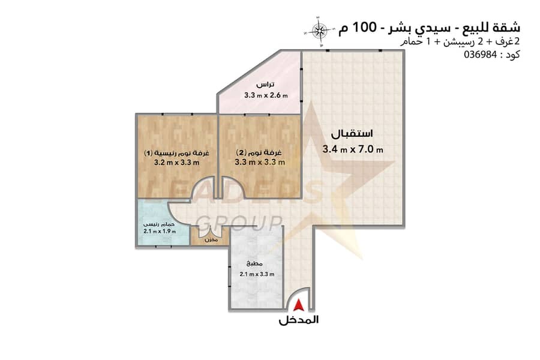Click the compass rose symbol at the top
coord(320,31)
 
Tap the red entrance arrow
coord(299,305)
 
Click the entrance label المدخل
coord(299,320)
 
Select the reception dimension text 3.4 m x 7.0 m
coord(353,149)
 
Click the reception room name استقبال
coord(352,134)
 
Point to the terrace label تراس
coord(266,85)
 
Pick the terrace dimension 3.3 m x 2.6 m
coord(266,95)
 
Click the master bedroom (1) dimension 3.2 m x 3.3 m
coord(176,163)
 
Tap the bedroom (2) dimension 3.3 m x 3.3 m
coord(260,162)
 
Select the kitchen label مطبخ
coord(255,264)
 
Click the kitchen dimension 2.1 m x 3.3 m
coord(257,274)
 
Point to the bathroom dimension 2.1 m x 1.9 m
coord(160,232)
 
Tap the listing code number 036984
coord(481,55)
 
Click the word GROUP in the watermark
coord(241,223)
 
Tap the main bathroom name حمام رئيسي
coord(159,224)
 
